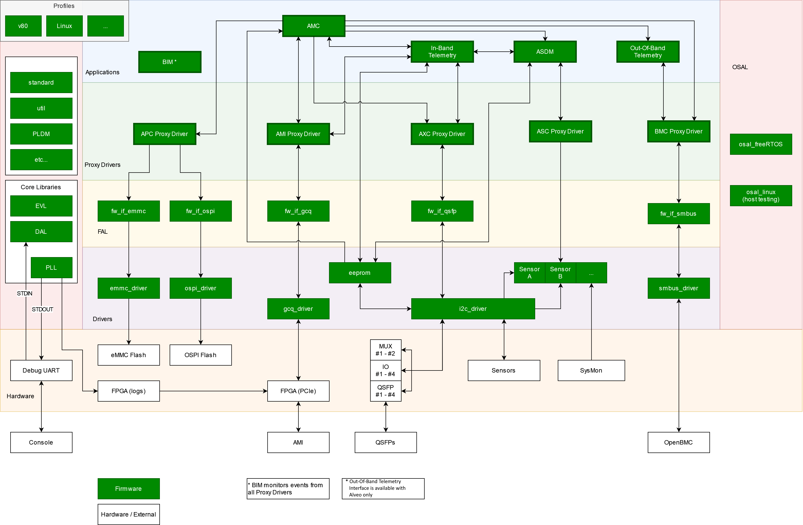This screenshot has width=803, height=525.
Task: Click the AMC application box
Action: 313,26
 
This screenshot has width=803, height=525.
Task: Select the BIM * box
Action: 170,62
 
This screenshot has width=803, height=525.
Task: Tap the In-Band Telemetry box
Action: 442,52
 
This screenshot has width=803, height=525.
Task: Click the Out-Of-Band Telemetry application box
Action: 647,52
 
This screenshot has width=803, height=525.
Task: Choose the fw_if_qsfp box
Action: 442,211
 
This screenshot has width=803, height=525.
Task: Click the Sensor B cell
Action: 560,273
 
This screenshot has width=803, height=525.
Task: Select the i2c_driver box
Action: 473,309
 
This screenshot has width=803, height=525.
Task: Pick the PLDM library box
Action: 41,134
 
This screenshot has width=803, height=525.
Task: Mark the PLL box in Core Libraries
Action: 51,268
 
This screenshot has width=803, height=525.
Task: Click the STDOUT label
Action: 42,309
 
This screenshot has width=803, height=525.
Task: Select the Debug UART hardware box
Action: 41,370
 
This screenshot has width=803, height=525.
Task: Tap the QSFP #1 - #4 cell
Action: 385,391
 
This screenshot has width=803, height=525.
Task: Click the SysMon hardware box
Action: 591,370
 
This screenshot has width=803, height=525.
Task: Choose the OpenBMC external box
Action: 679,442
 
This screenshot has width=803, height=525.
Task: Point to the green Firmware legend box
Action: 129,488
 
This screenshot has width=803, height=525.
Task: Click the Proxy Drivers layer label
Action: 103,165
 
